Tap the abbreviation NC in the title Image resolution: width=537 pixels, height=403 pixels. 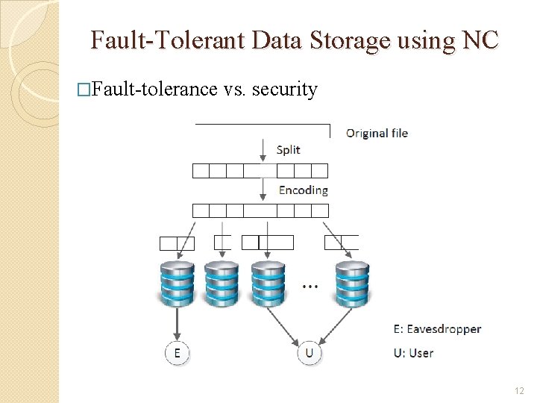480,40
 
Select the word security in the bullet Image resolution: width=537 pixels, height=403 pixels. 285,90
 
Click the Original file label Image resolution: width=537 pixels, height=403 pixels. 377,134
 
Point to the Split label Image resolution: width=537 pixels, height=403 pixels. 288,149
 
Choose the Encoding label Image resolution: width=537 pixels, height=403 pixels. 303,190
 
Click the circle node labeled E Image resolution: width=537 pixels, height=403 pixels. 177,353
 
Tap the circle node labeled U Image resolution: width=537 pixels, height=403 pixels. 310,353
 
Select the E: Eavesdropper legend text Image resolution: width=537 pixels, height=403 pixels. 437,329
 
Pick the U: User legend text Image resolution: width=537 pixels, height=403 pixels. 413,353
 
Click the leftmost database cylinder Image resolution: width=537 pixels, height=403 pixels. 177,283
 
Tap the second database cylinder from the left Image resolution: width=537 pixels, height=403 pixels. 222,283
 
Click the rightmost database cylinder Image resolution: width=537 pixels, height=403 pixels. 352,283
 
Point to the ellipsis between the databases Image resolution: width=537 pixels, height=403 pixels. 310,286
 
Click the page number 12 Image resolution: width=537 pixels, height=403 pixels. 520,391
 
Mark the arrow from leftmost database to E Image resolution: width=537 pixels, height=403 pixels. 177,322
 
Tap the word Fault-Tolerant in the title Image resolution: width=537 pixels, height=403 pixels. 167,40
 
